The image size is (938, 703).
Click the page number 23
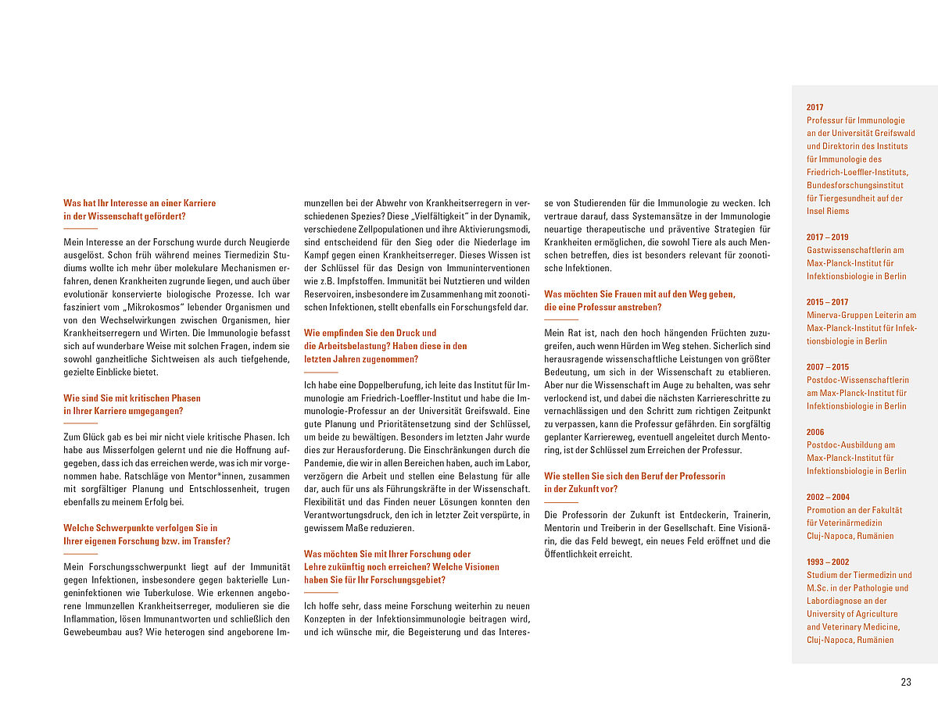tap(906, 682)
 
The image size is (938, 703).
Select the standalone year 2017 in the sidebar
tap(814, 108)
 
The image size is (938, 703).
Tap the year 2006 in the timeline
tap(814, 432)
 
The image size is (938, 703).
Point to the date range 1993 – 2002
tap(827, 562)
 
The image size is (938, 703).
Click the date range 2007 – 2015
tap(827, 367)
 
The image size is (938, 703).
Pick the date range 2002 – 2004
tap(827, 497)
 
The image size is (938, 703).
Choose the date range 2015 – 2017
tap(827, 302)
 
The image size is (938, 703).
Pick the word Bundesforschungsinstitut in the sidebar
tap(855, 185)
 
